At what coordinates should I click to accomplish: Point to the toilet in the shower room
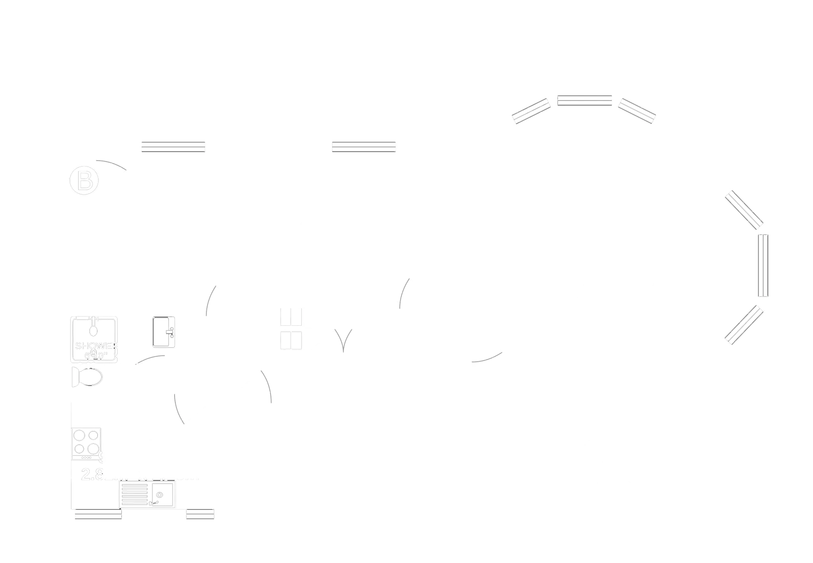(x=90, y=377)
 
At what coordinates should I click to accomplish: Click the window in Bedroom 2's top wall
(x=173, y=146)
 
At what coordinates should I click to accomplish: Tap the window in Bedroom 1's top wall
(x=363, y=146)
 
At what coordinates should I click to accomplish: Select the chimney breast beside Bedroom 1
(x=474, y=251)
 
